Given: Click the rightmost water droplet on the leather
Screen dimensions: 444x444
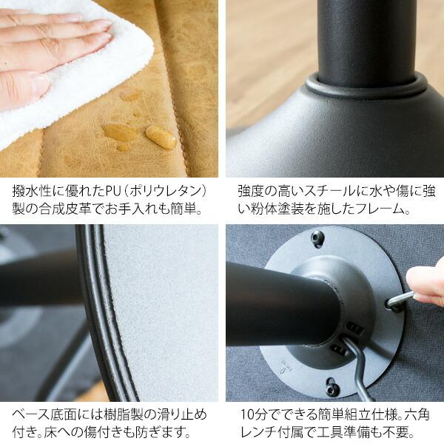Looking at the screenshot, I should [x=161, y=137].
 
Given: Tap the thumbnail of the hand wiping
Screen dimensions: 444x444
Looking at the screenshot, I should [x=109, y=88].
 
